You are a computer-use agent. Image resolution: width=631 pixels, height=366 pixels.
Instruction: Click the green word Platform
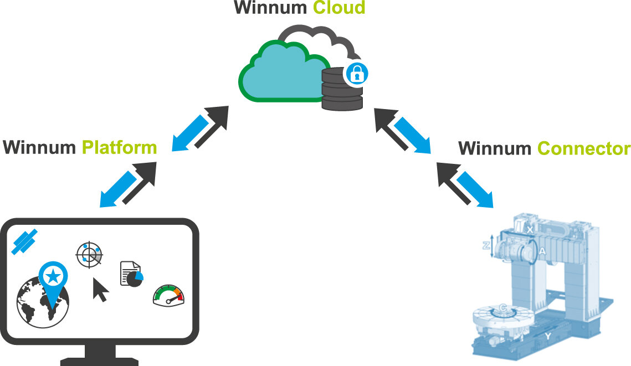click(119, 148)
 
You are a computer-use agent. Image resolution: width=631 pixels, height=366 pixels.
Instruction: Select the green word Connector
click(583, 149)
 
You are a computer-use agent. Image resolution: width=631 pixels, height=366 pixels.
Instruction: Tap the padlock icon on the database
click(356, 73)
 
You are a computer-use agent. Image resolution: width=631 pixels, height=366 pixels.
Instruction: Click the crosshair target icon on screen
click(89, 255)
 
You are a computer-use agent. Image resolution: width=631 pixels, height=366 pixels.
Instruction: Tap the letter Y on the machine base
click(547, 336)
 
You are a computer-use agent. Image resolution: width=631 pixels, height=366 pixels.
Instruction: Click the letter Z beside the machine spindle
click(486, 246)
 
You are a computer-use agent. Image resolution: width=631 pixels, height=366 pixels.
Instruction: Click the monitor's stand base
click(99, 360)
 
